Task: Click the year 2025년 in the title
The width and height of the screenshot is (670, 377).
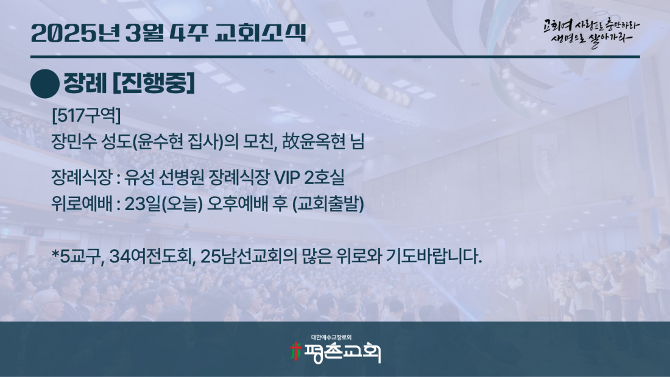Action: [75, 33]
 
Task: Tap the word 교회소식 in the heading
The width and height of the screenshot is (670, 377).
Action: [260, 33]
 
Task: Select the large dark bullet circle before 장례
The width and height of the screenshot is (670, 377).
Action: [45, 84]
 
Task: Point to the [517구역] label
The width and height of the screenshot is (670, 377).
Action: [86, 115]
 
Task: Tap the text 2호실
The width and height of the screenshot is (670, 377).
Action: [324, 177]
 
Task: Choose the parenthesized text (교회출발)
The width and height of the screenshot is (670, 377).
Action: [328, 204]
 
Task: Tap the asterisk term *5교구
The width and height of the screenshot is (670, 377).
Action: [78, 256]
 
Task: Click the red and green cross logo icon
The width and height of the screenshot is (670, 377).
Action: [295, 351]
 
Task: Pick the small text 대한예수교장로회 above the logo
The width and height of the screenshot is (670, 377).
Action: [331, 337]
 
